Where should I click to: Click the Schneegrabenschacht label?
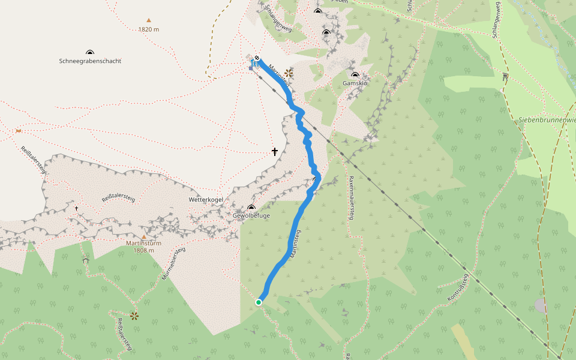pyautogui.click(x=90, y=61)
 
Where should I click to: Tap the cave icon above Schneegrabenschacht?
pyautogui.click(x=90, y=53)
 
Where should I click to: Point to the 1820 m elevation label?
pyautogui.click(x=148, y=29)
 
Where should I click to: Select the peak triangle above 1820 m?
pyautogui.click(x=149, y=20)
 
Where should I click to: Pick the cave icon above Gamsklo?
pyautogui.click(x=355, y=75)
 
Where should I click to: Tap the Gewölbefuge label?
pyautogui.click(x=251, y=215)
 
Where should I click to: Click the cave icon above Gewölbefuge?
pyautogui.click(x=251, y=207)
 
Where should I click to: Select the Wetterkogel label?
pyautogui.click(x=206, y=199)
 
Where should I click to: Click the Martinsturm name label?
pyautogui.click(x=143, y=243)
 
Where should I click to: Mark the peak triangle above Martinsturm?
pyautogui.click(x=144, y=236)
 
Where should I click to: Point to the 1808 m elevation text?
pyautogui.click(x=144, y=250)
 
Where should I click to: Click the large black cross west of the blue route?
pyautogui.click(x=275, y=152)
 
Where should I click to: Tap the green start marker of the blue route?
pyautogui.click(x=259, y=302)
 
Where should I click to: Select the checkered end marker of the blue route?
pyautogui.click(x=257, y=58)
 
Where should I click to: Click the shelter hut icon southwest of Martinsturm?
pyautogui.click(x=86, y=260)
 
